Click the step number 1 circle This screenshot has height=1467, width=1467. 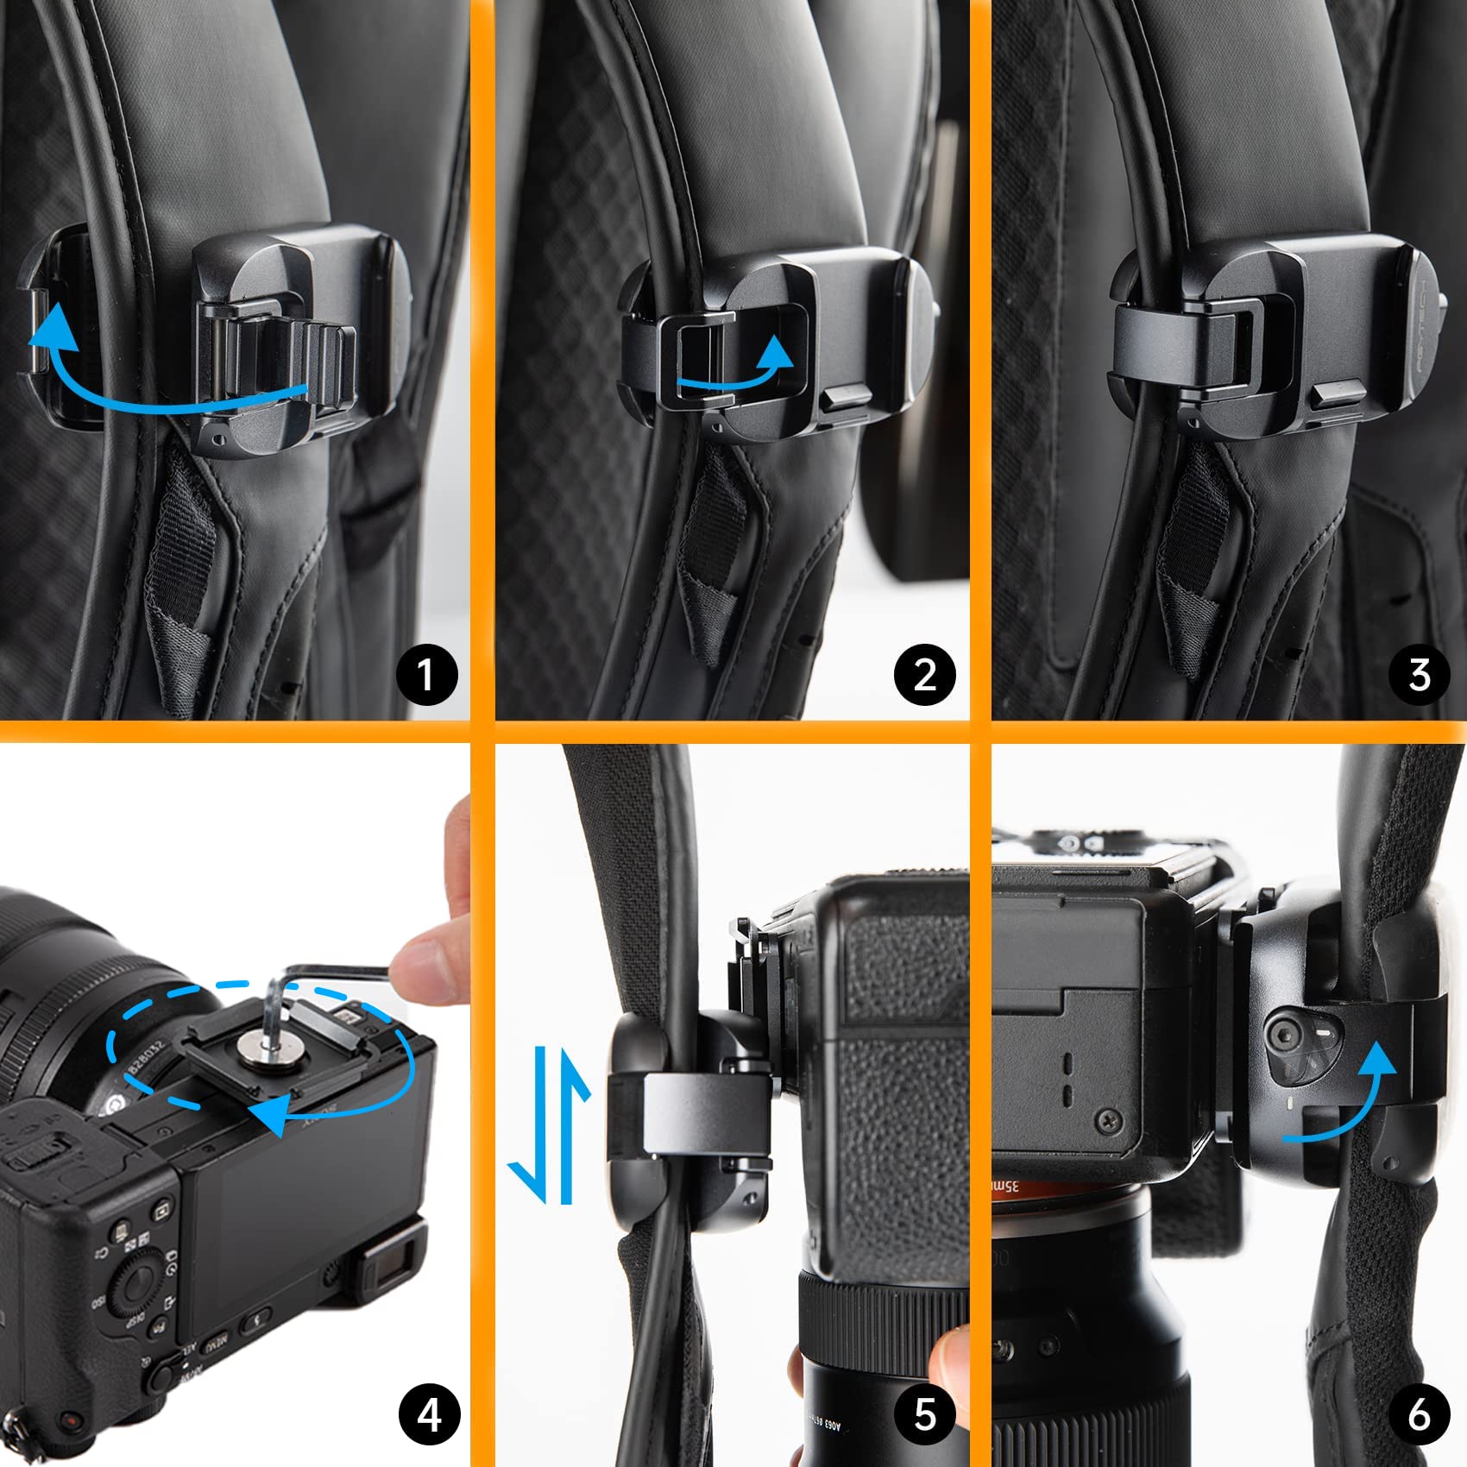pyautogui.click(x=426, y=674)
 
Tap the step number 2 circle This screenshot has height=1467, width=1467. pyautogui.click(x=924, y=674)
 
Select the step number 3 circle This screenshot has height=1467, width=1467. pyautogui.click(x=1420, y=674)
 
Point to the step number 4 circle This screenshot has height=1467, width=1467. pyautogui.click(x=429, y=1414)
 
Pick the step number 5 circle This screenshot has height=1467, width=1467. pyautogui.click(x=924, y=1414)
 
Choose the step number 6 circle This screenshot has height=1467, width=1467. pyautogui.click(x=1420, y=1414)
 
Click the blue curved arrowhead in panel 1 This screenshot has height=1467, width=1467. pyautogui.click(x=51, y=330)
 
